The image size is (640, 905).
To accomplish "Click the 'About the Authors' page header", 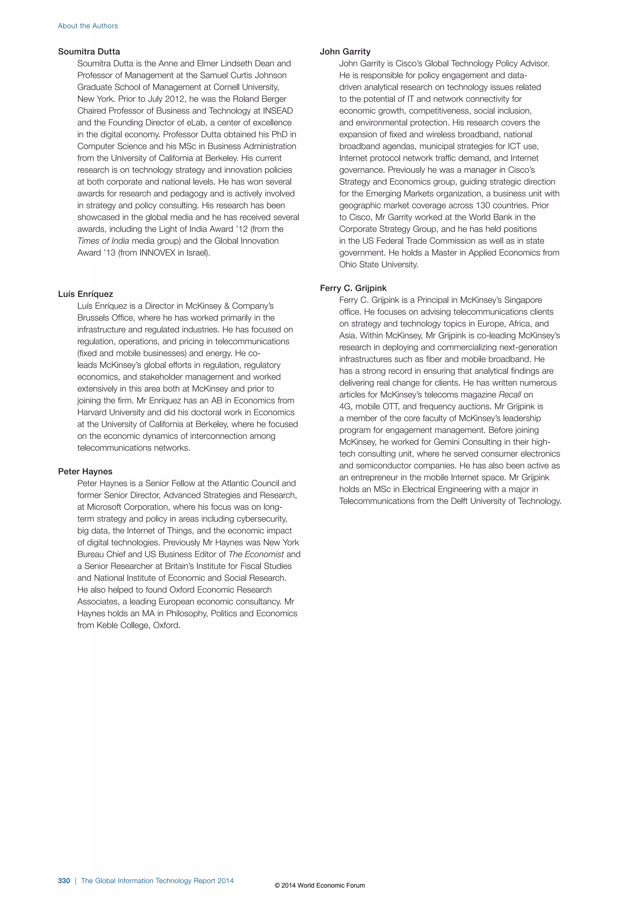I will [87, 26].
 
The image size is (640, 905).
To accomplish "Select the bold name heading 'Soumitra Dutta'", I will [89, 52].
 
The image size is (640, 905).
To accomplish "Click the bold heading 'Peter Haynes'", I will [85, 472].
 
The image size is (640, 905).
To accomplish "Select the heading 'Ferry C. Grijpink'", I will [353, 288].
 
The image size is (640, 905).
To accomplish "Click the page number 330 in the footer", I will [64, 881].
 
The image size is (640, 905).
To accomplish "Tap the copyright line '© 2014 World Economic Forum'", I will [320, 885].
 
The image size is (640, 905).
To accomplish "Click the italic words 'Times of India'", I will [103, 241].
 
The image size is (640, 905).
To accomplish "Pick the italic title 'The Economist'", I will [256, 554].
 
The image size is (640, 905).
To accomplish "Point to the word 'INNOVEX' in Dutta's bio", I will [157, 253].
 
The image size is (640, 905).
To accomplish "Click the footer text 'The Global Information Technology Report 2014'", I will [157, 881].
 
